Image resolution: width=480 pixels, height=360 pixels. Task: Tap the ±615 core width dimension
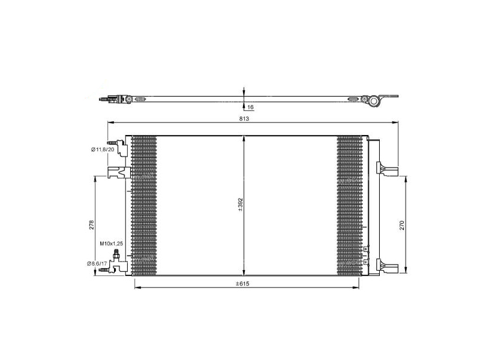(x=242, y=283)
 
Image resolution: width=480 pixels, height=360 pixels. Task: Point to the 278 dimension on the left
(x=91, y=225)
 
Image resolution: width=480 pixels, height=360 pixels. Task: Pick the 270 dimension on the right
(x=403, y=225)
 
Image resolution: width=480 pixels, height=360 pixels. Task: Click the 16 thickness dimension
(x=250, y=107)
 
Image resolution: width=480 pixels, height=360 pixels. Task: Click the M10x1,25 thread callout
(x=111, y=244)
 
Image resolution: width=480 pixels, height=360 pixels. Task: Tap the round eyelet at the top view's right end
(x=373, y=100)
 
